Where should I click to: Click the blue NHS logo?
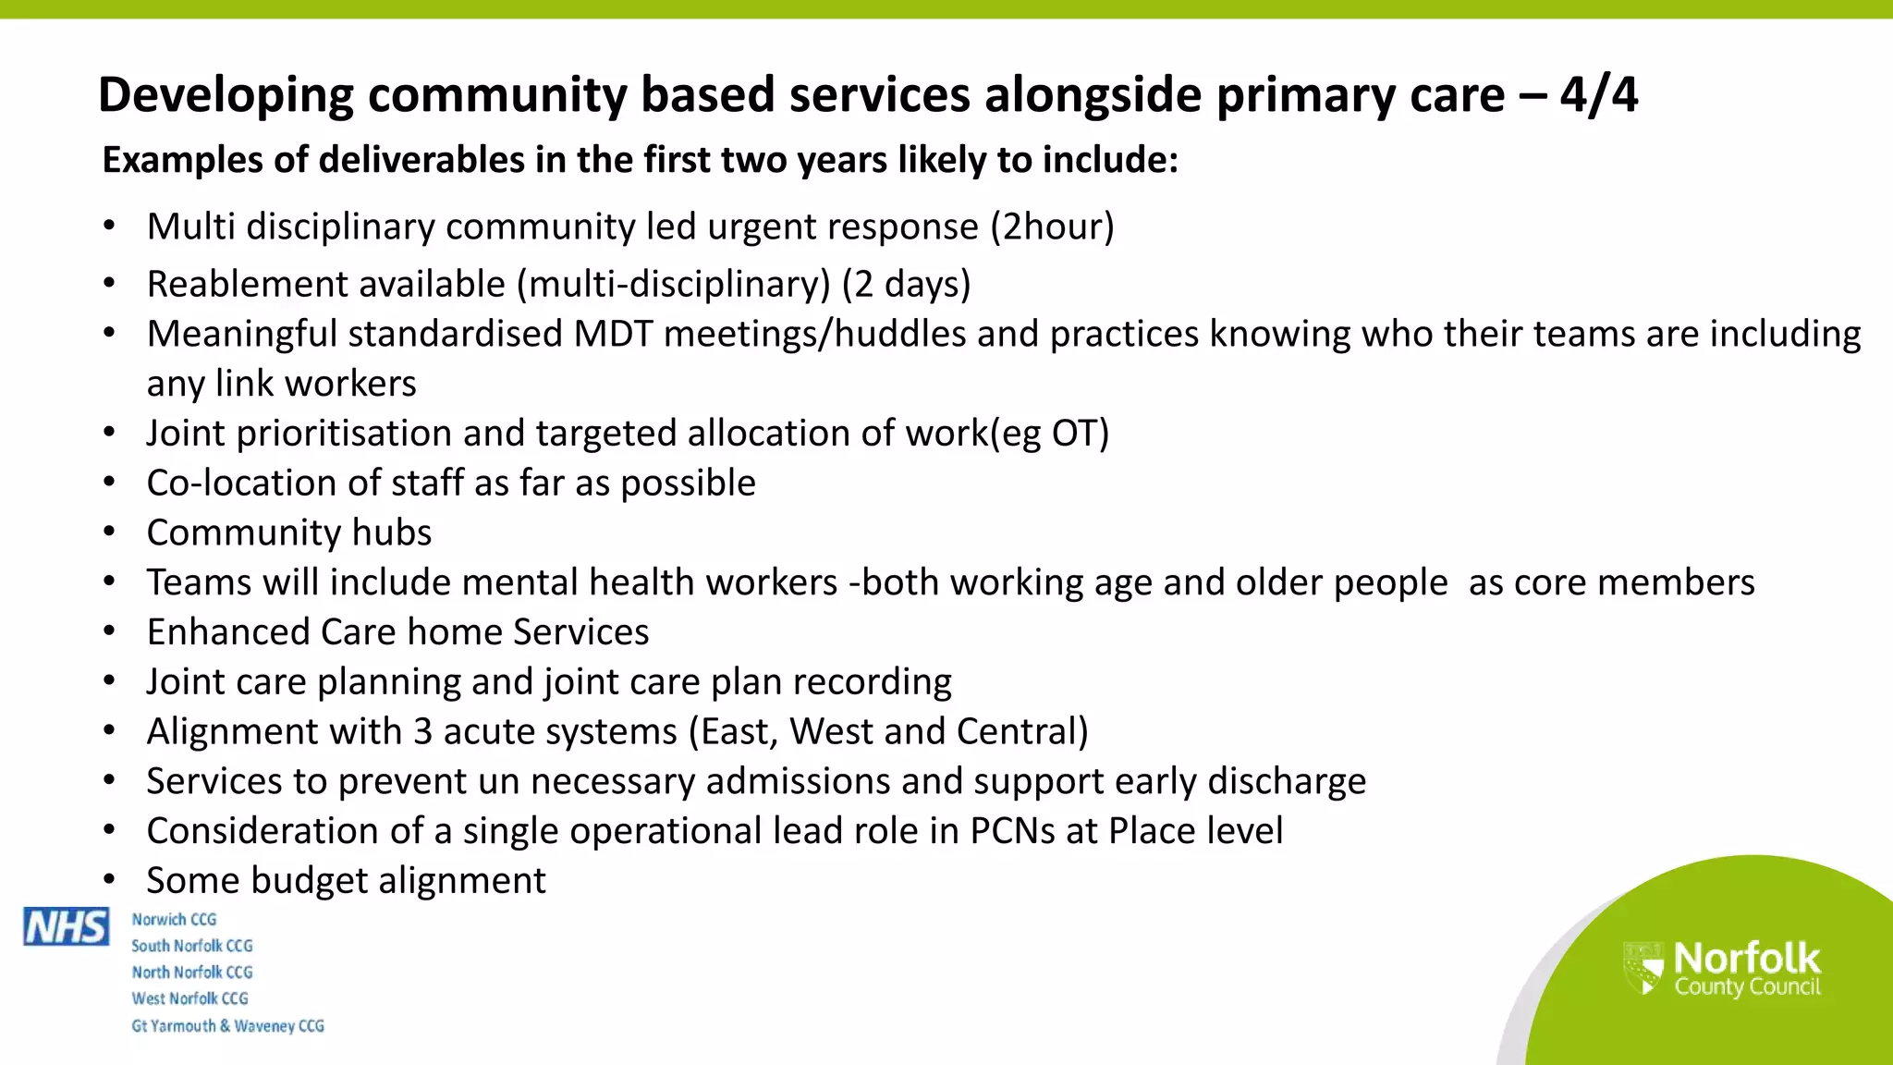67,926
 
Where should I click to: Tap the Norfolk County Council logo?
1722,969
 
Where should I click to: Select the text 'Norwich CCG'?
174,920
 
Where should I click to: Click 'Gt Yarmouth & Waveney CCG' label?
227,1026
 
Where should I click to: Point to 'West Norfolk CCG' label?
189,999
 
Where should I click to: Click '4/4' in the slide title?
1598,95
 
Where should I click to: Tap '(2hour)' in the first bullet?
1052,227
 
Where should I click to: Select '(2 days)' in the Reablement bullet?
906,285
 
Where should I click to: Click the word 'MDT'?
613,335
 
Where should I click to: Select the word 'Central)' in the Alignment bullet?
1022,732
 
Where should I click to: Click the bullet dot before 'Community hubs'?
109,533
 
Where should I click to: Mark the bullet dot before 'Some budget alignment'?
109,881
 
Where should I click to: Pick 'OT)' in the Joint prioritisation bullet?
1081,434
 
